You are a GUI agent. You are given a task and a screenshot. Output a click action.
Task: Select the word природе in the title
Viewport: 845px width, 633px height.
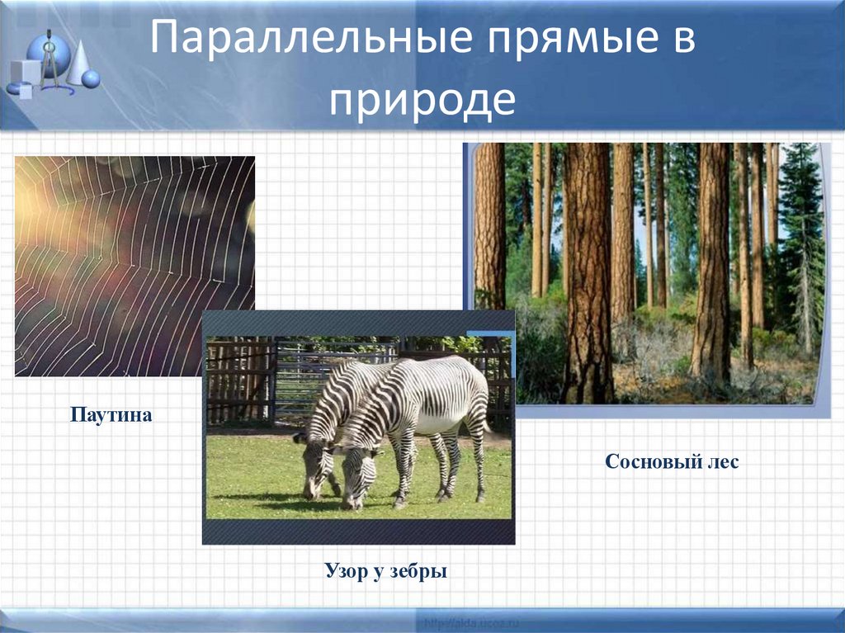coord(422,100)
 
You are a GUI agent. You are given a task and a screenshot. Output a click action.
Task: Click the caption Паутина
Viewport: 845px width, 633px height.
coord(111,414)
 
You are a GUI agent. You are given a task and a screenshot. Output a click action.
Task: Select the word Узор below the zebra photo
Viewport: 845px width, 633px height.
coord(343,570)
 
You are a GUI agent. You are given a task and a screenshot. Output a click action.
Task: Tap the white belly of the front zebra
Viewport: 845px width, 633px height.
coord(437,425)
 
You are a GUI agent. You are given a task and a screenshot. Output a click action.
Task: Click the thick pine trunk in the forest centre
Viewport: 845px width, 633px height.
coord(588,272)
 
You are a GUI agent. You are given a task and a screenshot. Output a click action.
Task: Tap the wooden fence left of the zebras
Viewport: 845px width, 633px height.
coord(239,380)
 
